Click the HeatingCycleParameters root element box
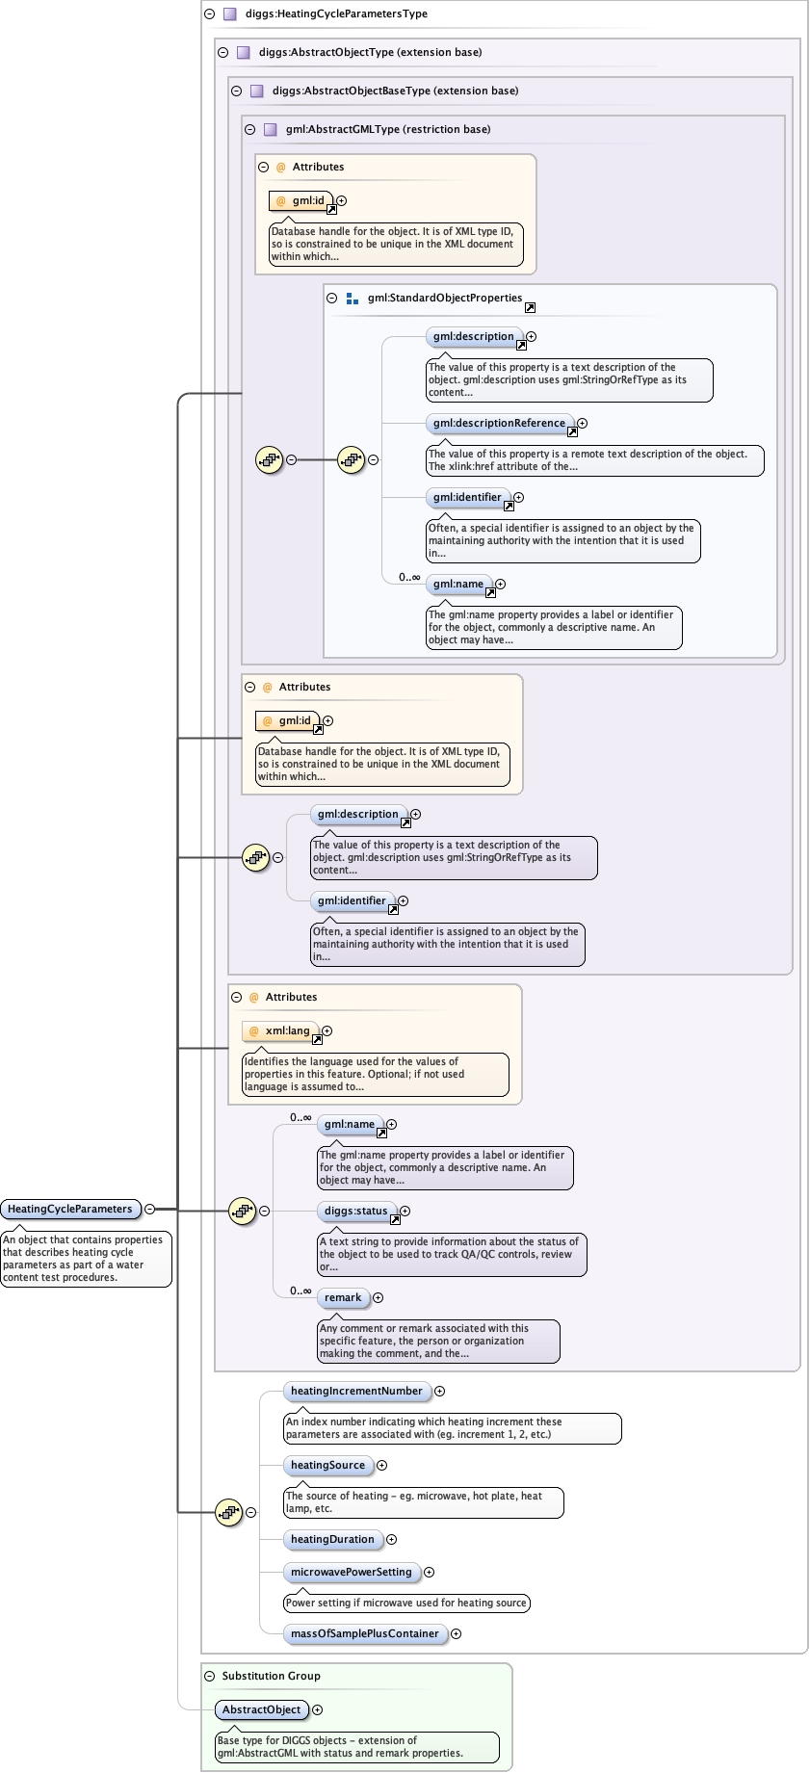point(70,1209)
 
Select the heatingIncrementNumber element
point(356,1391)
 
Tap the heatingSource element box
point(327,1465)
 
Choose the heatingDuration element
point(332,1539)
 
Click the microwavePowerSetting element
point(351,1572)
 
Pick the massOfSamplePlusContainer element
point(364,1633)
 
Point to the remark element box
point(343,1297)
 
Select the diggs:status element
point(355,1211)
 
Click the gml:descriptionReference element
point(499,423)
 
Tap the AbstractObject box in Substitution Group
point(261,1709)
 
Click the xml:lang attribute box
point(287,1030)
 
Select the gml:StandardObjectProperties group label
point(444,298)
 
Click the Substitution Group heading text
point(271,1676)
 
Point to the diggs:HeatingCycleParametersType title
point(336,13)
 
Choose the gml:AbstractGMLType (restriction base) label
point(387,129)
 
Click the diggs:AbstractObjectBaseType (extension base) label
point(395,91)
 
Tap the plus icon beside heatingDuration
point(391,1539)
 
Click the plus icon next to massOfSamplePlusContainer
point(456,1633)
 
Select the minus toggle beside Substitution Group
point(209,1676)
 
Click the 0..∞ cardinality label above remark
point(301,1291)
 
